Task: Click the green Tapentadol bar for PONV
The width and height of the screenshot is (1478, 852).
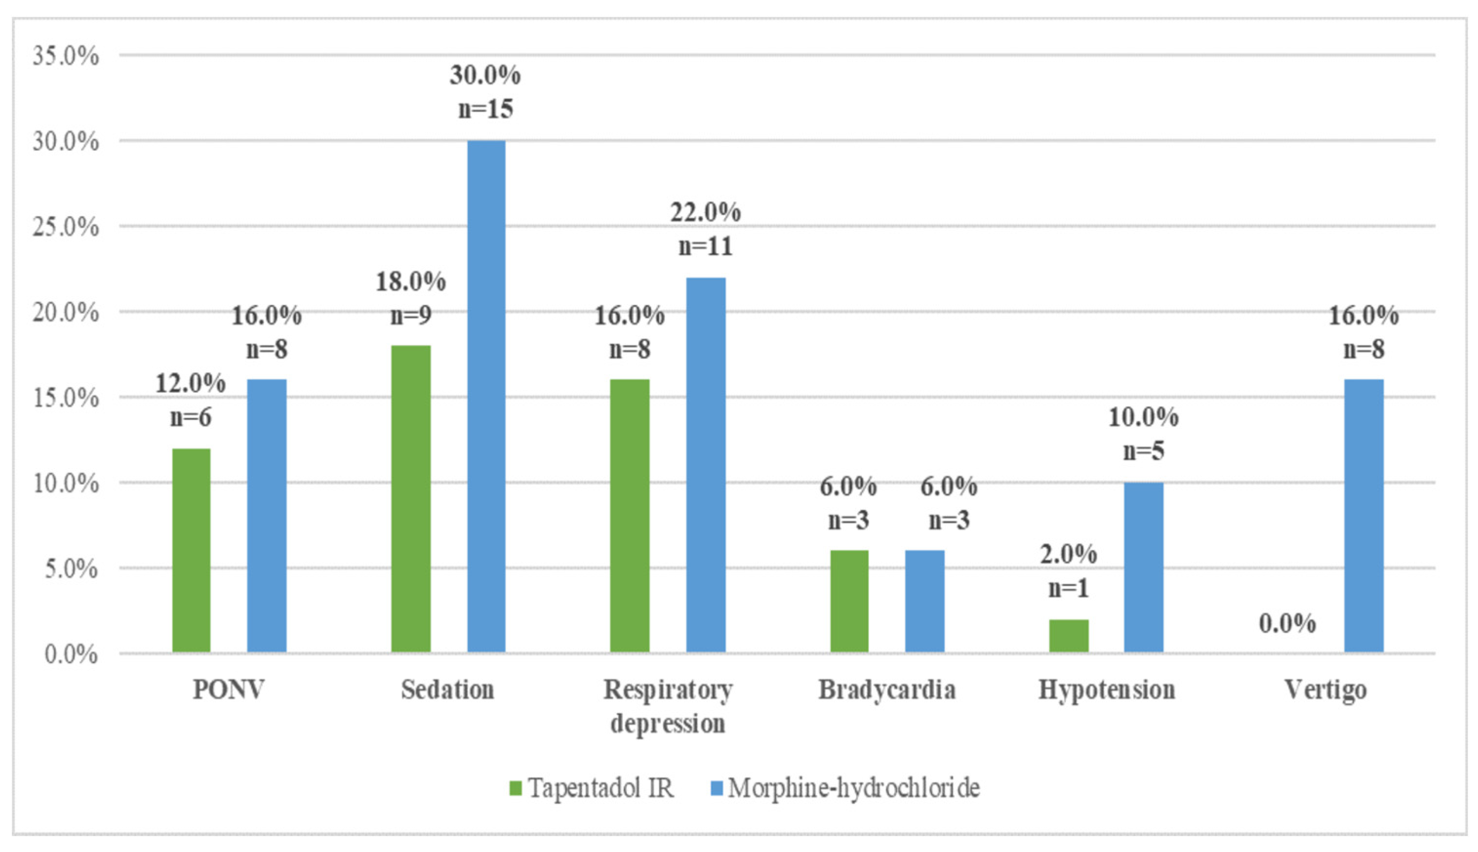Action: [191, 550]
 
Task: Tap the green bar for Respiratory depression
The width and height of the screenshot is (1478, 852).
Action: [629, 515]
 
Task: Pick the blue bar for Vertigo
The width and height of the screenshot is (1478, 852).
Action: [1363, 515]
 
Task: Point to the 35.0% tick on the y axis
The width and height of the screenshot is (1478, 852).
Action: [65, 56]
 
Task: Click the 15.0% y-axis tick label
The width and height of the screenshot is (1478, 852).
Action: [65, 398]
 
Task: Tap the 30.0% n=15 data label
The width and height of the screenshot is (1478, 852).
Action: [485, 92]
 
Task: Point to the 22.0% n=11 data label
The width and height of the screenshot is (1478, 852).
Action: [705, 229]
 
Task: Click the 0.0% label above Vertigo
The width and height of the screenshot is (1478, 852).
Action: [1287, 624]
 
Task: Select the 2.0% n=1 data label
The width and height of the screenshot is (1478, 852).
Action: [1068, 571]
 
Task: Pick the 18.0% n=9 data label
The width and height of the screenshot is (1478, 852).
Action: [411, 299]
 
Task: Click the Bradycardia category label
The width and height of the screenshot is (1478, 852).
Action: [887, 690]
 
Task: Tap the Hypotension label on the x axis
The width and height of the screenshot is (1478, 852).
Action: [1107, 690]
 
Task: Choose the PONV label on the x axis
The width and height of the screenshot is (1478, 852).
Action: [229, 690]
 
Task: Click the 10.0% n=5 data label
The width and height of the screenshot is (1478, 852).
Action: [1143, 434]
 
